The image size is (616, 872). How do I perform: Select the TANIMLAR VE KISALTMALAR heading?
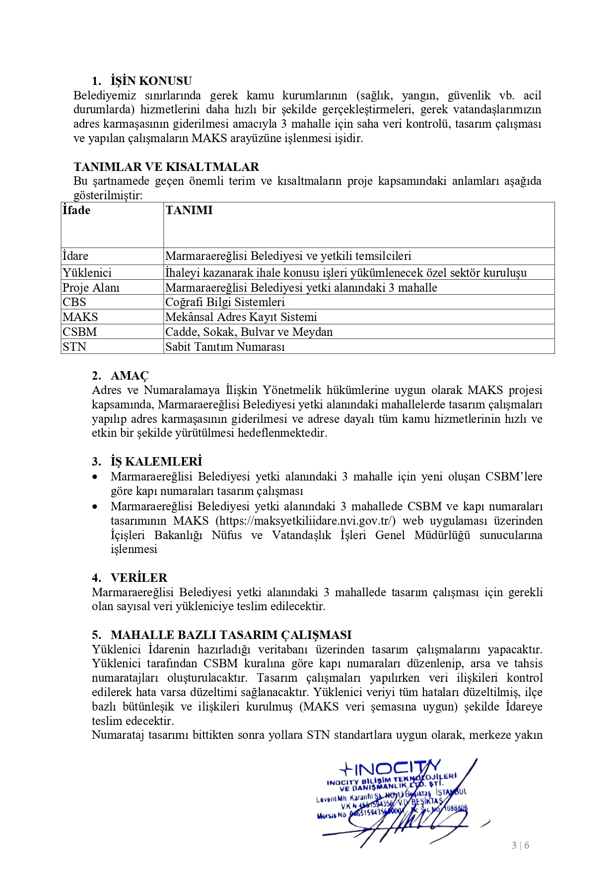click(166, 167)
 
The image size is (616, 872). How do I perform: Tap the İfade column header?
click(76, 210)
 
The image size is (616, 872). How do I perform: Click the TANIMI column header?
click(189, 210)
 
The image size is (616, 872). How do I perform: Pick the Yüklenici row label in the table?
click(87, 272)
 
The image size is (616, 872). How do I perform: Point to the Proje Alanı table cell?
click(91, 287)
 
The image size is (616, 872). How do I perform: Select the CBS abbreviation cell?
click(74, 302)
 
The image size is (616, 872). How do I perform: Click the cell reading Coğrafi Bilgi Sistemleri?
click(225, 302)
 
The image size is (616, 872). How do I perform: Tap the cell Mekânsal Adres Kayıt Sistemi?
click(241, 317)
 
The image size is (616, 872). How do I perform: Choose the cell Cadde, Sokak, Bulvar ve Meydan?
click(249, 332)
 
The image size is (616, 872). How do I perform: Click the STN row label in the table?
click(74, 347)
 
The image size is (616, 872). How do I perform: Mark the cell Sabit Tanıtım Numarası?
click(225, 347)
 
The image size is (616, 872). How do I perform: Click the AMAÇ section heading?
click(130, 376)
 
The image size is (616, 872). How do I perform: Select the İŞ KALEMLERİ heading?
click(156, 462)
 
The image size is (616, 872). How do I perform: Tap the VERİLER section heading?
click(139, 578)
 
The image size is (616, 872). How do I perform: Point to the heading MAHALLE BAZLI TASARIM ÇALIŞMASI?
click(231, 635)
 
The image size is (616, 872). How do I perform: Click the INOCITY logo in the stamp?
click(390, 768)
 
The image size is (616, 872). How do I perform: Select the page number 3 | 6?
click(520, 845)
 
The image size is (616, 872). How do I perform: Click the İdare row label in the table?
click(75, 256)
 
